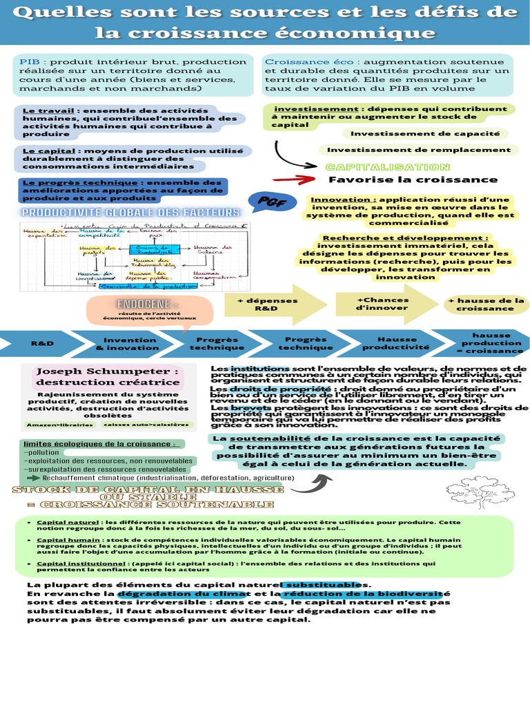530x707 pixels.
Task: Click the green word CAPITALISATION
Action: (388, 167)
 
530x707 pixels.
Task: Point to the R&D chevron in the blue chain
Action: (41, 343)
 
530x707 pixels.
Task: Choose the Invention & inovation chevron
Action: (130, 343)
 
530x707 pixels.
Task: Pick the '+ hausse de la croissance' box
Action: (486, 304)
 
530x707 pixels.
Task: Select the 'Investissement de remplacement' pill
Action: (419, 149)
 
